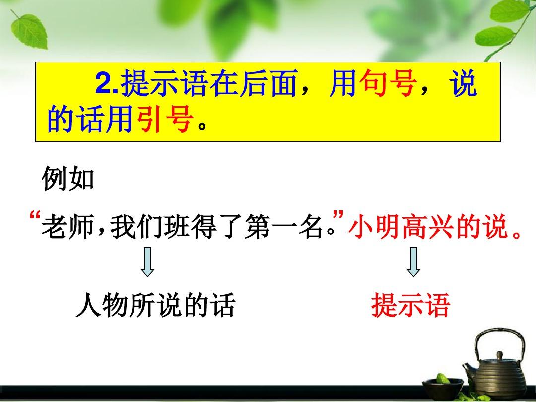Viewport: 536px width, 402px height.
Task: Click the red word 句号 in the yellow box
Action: (388, 83)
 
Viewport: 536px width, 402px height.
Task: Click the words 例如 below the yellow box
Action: (68, 179)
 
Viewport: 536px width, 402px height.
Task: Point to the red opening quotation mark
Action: (35, 216)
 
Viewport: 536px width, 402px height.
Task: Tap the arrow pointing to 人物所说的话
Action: (148, 262)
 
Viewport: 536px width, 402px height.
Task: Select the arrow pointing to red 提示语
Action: (413, 262)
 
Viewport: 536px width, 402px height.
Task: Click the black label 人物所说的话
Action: (155, 305)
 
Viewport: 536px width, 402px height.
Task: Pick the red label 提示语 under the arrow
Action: (410, 305)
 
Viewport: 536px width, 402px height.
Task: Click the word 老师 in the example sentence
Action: (67, 226)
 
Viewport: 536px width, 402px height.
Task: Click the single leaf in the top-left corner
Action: (29, 31)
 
